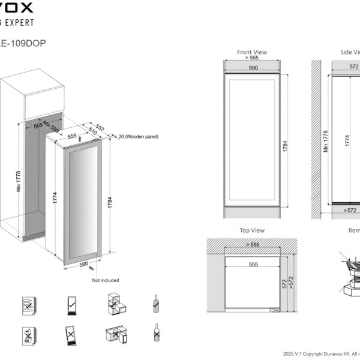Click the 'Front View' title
(251, 52)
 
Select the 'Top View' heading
(251, 230)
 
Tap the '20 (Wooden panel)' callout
(137, 137)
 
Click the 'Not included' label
(106, 280)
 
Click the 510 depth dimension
(92, 131)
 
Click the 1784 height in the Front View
(286, 145)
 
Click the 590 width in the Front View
(253, 68)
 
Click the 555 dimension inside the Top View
(253, 265)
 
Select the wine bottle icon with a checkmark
(155, 304)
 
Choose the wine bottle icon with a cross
(155, 333)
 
